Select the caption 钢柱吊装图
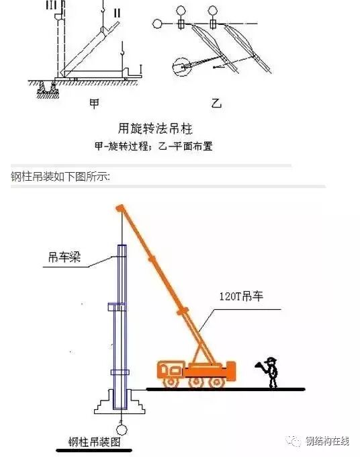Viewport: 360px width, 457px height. [93, 442]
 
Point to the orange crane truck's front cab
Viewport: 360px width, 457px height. [170, 370]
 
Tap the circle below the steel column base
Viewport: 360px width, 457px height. [122, 427]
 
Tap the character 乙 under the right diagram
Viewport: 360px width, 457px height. [216, 103]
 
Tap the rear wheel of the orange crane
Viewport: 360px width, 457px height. [217, 382]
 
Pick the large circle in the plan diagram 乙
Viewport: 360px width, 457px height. [181, 67]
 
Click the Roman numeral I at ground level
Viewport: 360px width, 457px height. [140, 69]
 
